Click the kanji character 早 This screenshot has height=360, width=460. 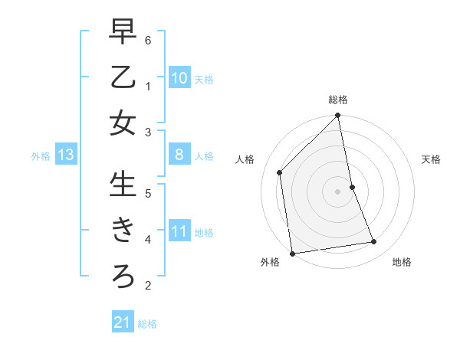point(123,33)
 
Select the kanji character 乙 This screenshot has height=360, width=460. point(123,77)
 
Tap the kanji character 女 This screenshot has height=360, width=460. point(123,123)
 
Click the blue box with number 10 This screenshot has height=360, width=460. point(179,78)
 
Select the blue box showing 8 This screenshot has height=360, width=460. point(179,155)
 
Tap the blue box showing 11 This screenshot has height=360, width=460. point(179,231)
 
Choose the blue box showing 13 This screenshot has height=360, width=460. point(66,155)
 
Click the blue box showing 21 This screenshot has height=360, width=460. point(123,322)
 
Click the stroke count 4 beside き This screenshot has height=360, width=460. point(148,239)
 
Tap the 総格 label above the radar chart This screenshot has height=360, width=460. point(338,100)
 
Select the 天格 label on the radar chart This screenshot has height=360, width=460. point(431,159)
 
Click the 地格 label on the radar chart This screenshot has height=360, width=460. point(402,263)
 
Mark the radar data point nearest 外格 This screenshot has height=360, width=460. point(292,253)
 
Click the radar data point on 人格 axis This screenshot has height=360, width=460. point(280,172)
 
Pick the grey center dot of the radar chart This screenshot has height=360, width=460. point(338,191)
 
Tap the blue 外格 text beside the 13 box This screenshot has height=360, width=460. point(41,156)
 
